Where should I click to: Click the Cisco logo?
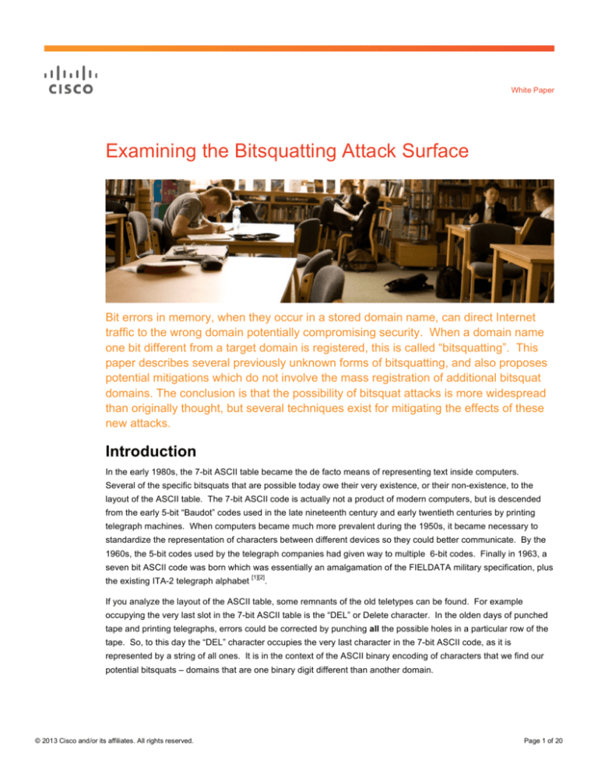click(68, 80)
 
